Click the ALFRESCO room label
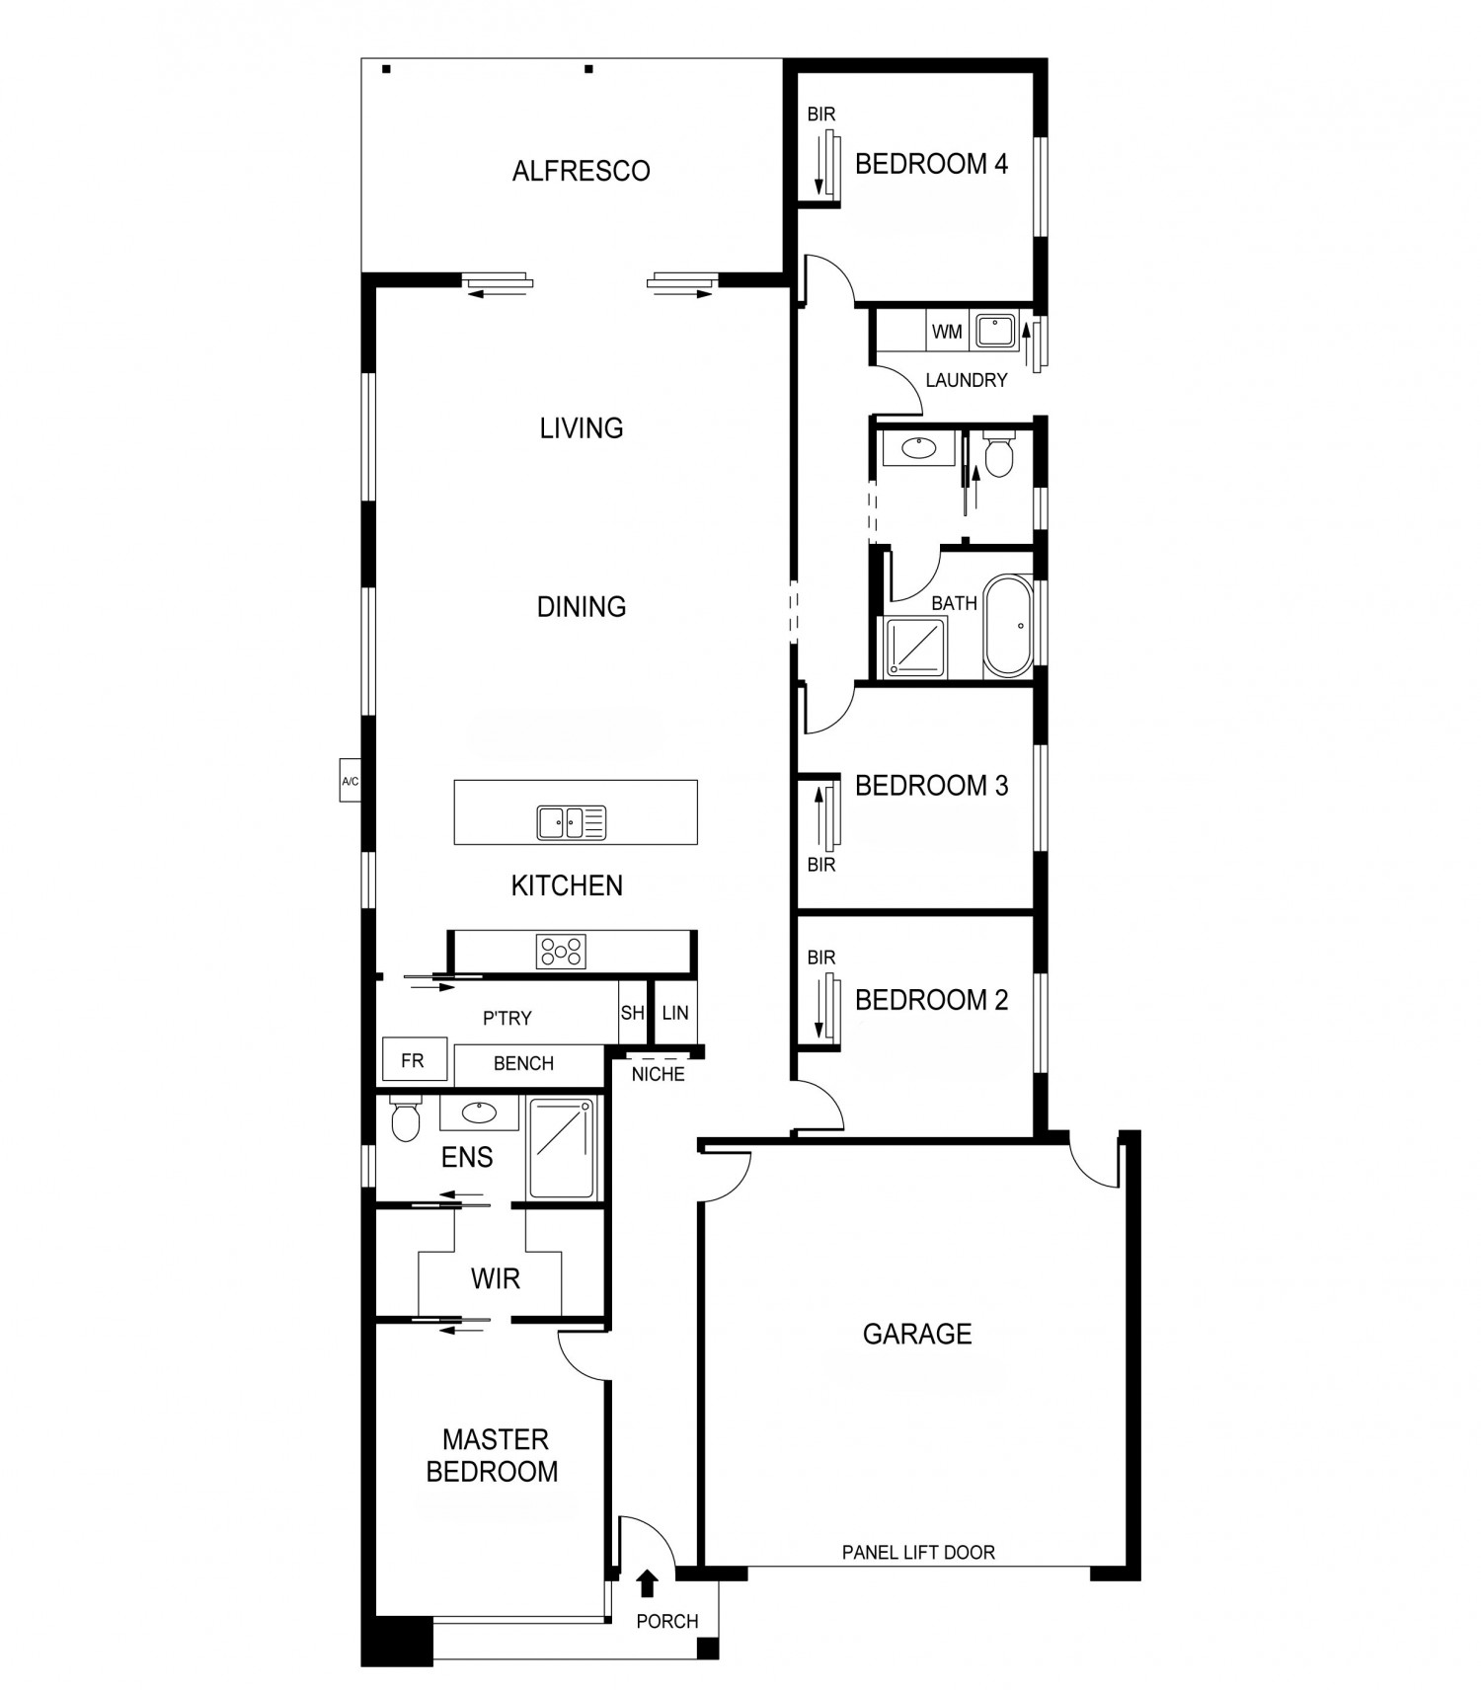coord(581,171)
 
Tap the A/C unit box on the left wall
coord(350,781)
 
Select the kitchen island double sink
coord(572,822)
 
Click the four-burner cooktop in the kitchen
coord(561,952)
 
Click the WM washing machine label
coord(946,332)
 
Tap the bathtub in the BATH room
coord(1007,626)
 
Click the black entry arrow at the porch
coord(647,1583)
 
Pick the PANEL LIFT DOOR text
coord(918,1552)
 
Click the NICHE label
coord(658,1074)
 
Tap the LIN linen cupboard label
coord(675,1013)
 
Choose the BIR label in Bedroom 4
coord(820,115)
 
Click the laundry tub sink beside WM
coord(994,331)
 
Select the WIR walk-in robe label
coord(495,1278)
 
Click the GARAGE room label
coord(917,1334)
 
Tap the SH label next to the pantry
coord(632,1013)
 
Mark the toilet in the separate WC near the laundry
coord(999,454)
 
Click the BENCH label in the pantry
coord(523,1063)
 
